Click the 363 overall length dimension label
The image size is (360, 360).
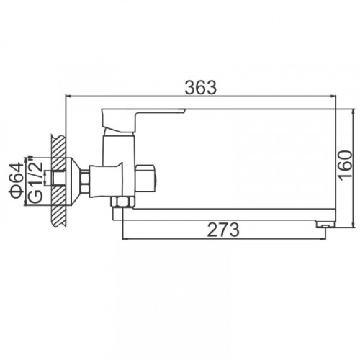[x=201, y=87]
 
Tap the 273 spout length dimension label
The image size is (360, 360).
[x=223, y=230]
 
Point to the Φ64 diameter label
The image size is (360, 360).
[x=16, y=181]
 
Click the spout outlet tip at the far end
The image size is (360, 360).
[x=325, y=225]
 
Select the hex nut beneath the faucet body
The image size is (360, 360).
[x=122, y=202]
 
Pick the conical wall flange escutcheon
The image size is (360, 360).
[x=73, y=181]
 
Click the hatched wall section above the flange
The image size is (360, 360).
[x=58, y=146]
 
